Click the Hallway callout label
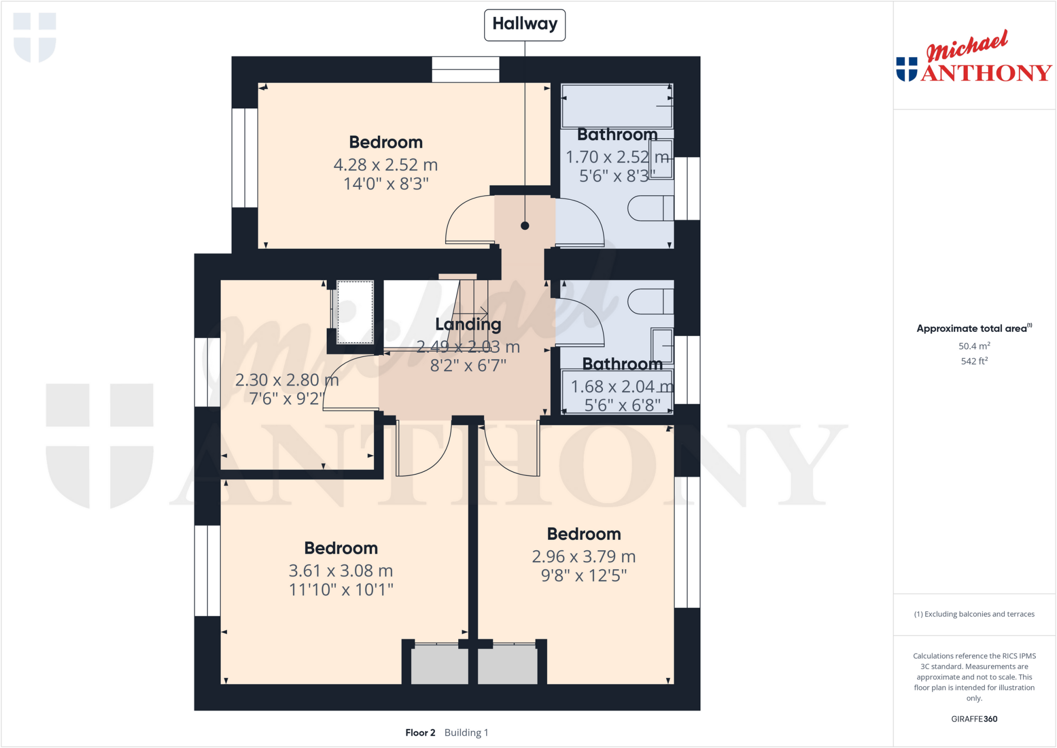pyautogui.click(x=524, y=24)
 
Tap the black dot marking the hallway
pyautogui.click(x=525, y=226)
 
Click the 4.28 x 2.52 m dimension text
pyautogui.click(x=386, y=165)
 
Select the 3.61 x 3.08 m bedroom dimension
pyautogui.click(x=341, y=570)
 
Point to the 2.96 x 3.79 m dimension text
pyautogui.click(x=584, y=556)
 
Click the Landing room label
pyautogui.click(x=468, y=324)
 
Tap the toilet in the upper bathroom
pyautogui.click(x=650, y=209)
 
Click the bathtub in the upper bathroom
pyautogui.click(x=617, y=106)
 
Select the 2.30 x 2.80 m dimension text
pyautogui.click(x=287, y=380)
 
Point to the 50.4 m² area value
pyautogui.click(x=974, y=346)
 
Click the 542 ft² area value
pyautogui.click(x=974, y=361)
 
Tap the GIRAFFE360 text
pyautogui.click(x=974, y=719)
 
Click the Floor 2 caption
pyautogui.click(x=420, y=733)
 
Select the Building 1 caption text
pyautogui.click(x=466, y=733)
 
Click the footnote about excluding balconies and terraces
pyautogui.click(x=974, y=614)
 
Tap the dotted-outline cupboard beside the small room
pyautogui.click(x=355, y=312)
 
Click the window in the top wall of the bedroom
pyautogui.click(x=466, y=70)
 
